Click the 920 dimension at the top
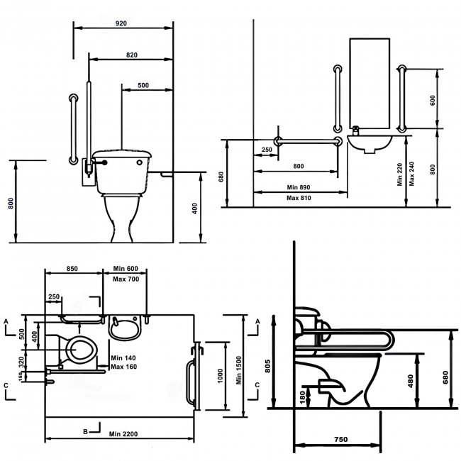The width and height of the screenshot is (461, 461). click(121, 23)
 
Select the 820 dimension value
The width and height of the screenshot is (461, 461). click(132, 55)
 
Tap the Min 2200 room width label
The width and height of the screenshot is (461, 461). click(123, 434)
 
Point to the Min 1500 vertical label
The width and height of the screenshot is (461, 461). click(239, 370)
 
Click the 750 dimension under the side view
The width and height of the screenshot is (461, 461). click(340, 439)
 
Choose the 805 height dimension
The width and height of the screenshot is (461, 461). click(267, 366)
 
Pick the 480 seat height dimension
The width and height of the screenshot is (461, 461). click(411, 381)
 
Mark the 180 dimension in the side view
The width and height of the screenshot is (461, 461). click(303, 397)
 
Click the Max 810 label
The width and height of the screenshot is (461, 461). click(299, 198)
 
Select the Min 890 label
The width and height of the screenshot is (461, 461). click(299, 187)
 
